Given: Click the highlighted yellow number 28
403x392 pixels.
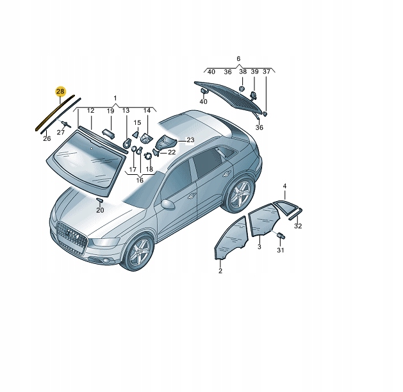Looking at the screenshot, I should [x=60, y=92].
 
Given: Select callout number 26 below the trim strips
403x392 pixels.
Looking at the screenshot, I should [x=46, y=138].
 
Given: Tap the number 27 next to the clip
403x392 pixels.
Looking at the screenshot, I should [x=61, y=132].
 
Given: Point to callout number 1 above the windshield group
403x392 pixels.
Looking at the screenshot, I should [x=115, y=98].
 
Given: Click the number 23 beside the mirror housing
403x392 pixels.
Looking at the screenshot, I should [x=190, y=140].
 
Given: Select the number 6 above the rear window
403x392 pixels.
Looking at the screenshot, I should [x=238, y=58].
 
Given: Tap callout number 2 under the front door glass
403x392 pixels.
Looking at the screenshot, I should [x=220, y=271].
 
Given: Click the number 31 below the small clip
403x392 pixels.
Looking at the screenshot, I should [x=279, y=250].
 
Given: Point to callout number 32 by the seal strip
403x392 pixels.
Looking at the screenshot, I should [x=298, y=225].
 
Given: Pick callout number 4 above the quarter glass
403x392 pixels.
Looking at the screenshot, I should [x=285, y=186].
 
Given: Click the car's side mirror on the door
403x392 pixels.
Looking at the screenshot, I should [x=168, y=204].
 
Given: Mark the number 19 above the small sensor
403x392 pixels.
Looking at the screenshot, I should [x=110, y=111].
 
